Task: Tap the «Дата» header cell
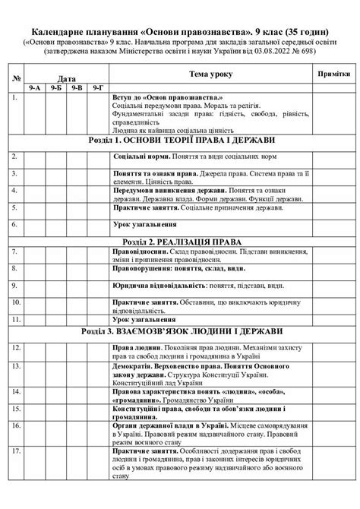click(66, 78)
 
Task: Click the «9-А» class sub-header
click(35, 89)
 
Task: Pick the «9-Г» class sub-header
click(96, 89)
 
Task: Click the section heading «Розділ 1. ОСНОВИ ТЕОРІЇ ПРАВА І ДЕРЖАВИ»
click(181, 141)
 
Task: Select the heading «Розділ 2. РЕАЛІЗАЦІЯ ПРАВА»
click(181, 241)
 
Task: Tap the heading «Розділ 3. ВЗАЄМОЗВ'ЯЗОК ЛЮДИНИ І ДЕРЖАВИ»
click(181, 331)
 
